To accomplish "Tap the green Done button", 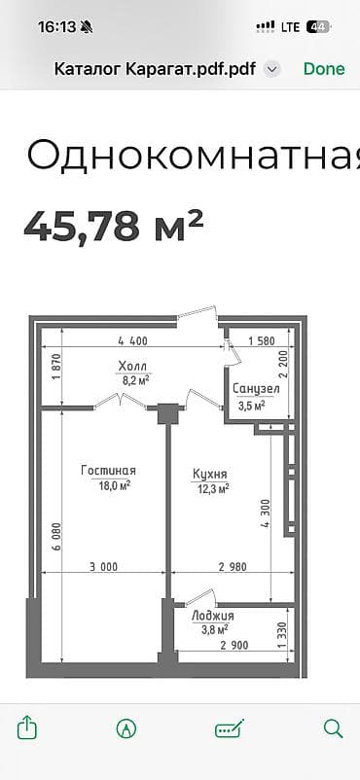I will pos(324,68).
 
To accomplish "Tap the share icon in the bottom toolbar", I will pos(27,727).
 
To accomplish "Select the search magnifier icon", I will pos(333,727).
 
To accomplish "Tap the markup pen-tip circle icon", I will pos(126,727).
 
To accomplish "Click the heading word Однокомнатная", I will pos(190,155).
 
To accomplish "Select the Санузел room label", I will pos(256,388).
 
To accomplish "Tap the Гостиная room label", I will pos(107,470).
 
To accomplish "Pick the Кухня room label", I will pos(210,474).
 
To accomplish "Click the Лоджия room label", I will pos(212,616).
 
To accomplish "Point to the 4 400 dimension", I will pos(132,341).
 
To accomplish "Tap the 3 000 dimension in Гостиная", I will pos(103,567).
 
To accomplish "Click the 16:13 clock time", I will pos(56,27).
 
